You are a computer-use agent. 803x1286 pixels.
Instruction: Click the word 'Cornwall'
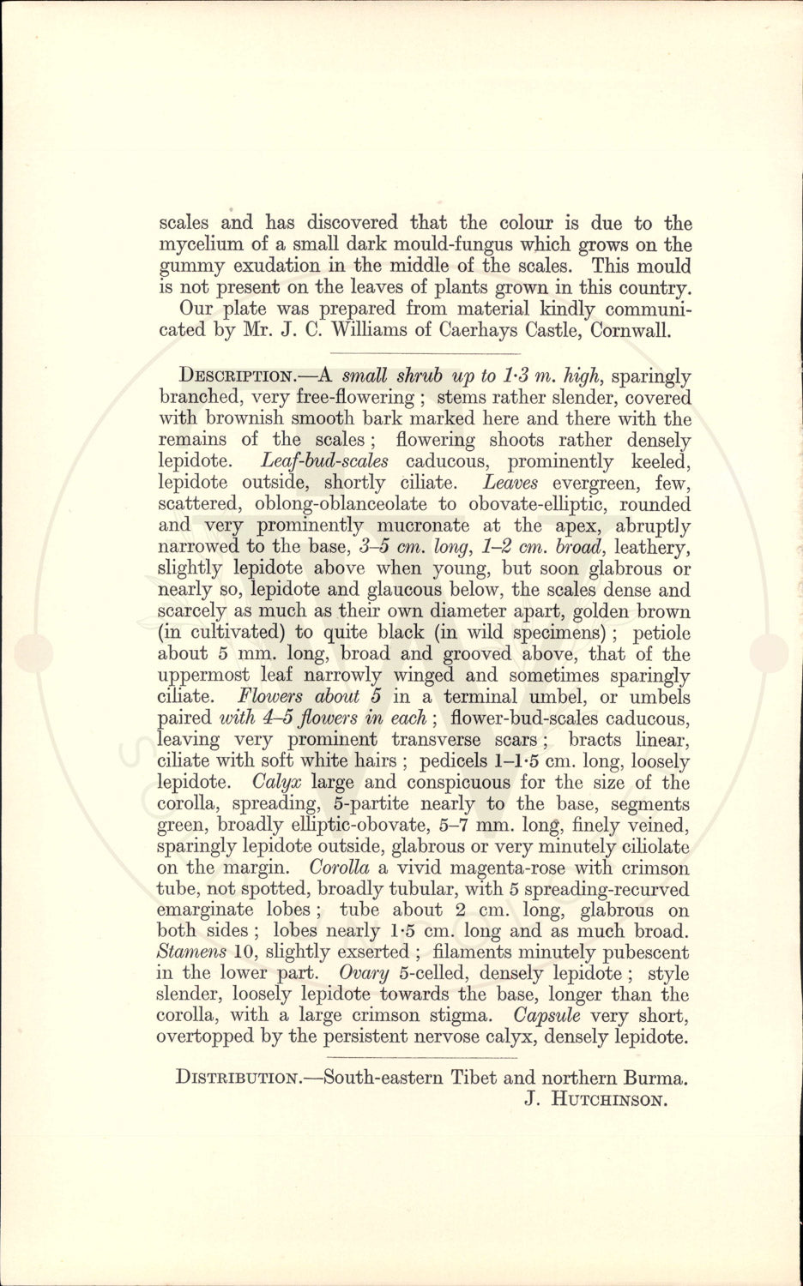[635, 330]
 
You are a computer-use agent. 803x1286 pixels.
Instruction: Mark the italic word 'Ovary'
[365, 973]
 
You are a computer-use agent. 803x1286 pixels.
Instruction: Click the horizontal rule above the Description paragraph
[426, 353]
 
